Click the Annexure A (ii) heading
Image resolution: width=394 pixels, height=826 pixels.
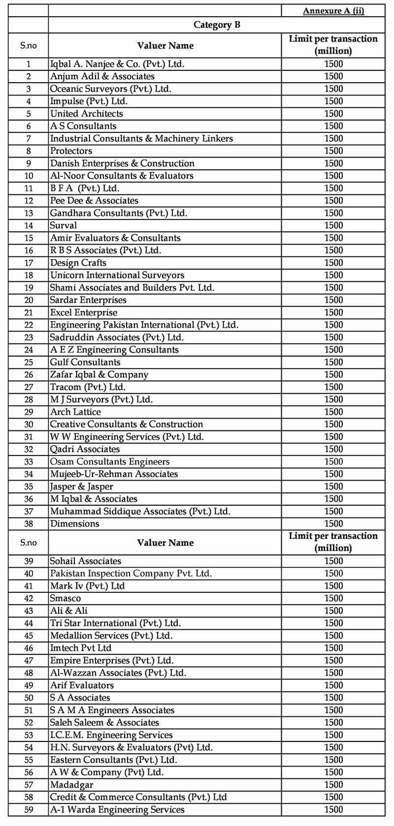pyautogui.click(x=333, y=11)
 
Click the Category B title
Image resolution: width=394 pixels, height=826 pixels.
pyautogui.click(x=217, y=25)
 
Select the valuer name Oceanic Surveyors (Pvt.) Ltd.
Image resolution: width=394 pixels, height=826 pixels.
pyautogui.click(x=110, y=89)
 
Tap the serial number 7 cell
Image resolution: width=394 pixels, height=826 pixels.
pyautogui.click(x=29, y=138)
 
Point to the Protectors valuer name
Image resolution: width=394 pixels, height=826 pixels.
pyautogui.click(x=71, y=151)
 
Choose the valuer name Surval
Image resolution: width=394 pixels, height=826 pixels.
pyautogui.click(x=64, y=225)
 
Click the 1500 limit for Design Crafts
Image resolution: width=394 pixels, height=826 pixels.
pyautogui.click(x=333, y=263)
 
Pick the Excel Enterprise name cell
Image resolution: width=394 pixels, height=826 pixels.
pyautogui.click(x=84, y=312)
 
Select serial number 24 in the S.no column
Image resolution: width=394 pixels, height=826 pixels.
pyautogui.click(x=29, y=350)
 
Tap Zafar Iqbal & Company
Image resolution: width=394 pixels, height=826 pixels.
pyautogui.click(x=99, y=374)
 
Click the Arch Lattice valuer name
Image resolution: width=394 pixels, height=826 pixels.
pyautogui.click(x=75, y=412)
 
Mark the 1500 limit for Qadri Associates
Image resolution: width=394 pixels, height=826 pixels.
pyautogui.click(x=333, y=449)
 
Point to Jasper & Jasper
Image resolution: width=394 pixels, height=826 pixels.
pyautogui.click(x=81, y=487)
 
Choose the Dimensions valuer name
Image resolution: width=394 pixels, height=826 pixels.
pyautogui.click(x=74, y=523)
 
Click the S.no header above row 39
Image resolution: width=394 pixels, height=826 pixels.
pyautogui.click(x=29, y=542)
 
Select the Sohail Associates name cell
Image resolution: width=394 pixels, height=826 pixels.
pyautogui.click(x=85, y=561)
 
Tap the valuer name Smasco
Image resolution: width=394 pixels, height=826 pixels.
pyautogui.click(x=66, y=598)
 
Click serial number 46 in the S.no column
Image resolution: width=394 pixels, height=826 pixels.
pyautogui.click(x=29, y=648)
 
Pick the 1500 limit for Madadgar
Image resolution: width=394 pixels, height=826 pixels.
pyautogui.click(x=333, y=785)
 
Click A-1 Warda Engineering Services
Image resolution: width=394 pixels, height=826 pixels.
pyautogui.click(x=117, y=809)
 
